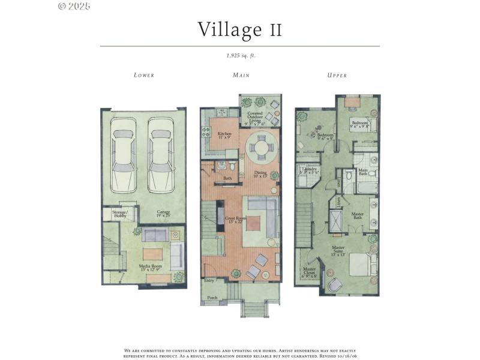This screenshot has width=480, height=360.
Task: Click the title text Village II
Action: click(240, 29)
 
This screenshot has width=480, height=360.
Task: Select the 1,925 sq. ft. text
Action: click(240, 55)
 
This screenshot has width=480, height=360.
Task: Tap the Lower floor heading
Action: click(144, 76)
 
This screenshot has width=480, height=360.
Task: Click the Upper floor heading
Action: click(337, 76)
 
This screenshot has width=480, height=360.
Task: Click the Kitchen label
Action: click(224, 135)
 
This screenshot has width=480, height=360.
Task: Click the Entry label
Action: click(209, 280)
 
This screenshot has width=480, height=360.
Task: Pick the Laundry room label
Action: click(310, 170)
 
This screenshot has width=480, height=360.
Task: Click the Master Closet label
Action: click(311, 272)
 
